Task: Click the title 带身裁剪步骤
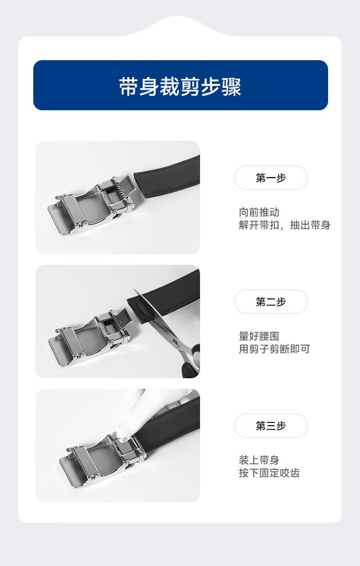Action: (180, 87)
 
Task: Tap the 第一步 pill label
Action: (271, 178)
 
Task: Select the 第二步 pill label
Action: (271, 302)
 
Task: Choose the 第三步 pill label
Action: (271, 426)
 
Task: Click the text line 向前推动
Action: (259, 212)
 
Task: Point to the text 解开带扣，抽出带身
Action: (284, 225)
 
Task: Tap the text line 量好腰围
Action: (259, 336)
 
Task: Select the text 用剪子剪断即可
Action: (274, 349)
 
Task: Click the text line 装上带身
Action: (259, 460)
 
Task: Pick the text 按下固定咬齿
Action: (269, 473)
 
